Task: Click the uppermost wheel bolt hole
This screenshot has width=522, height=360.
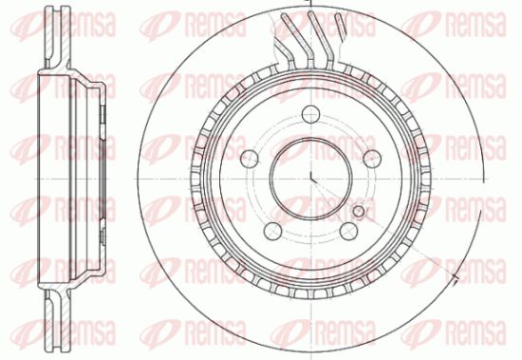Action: tap(310, 114)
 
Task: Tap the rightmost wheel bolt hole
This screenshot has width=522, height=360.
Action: tap(372, 159)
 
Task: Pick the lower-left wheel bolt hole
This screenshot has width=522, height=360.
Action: tap(272, 231)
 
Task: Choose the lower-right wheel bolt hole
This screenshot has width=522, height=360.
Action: tap(348, 231)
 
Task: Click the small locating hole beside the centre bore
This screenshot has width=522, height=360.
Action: tap(358, 211)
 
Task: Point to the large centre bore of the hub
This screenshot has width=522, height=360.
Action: tap(310, 179)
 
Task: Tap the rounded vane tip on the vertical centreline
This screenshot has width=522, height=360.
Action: tap(311, 14)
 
